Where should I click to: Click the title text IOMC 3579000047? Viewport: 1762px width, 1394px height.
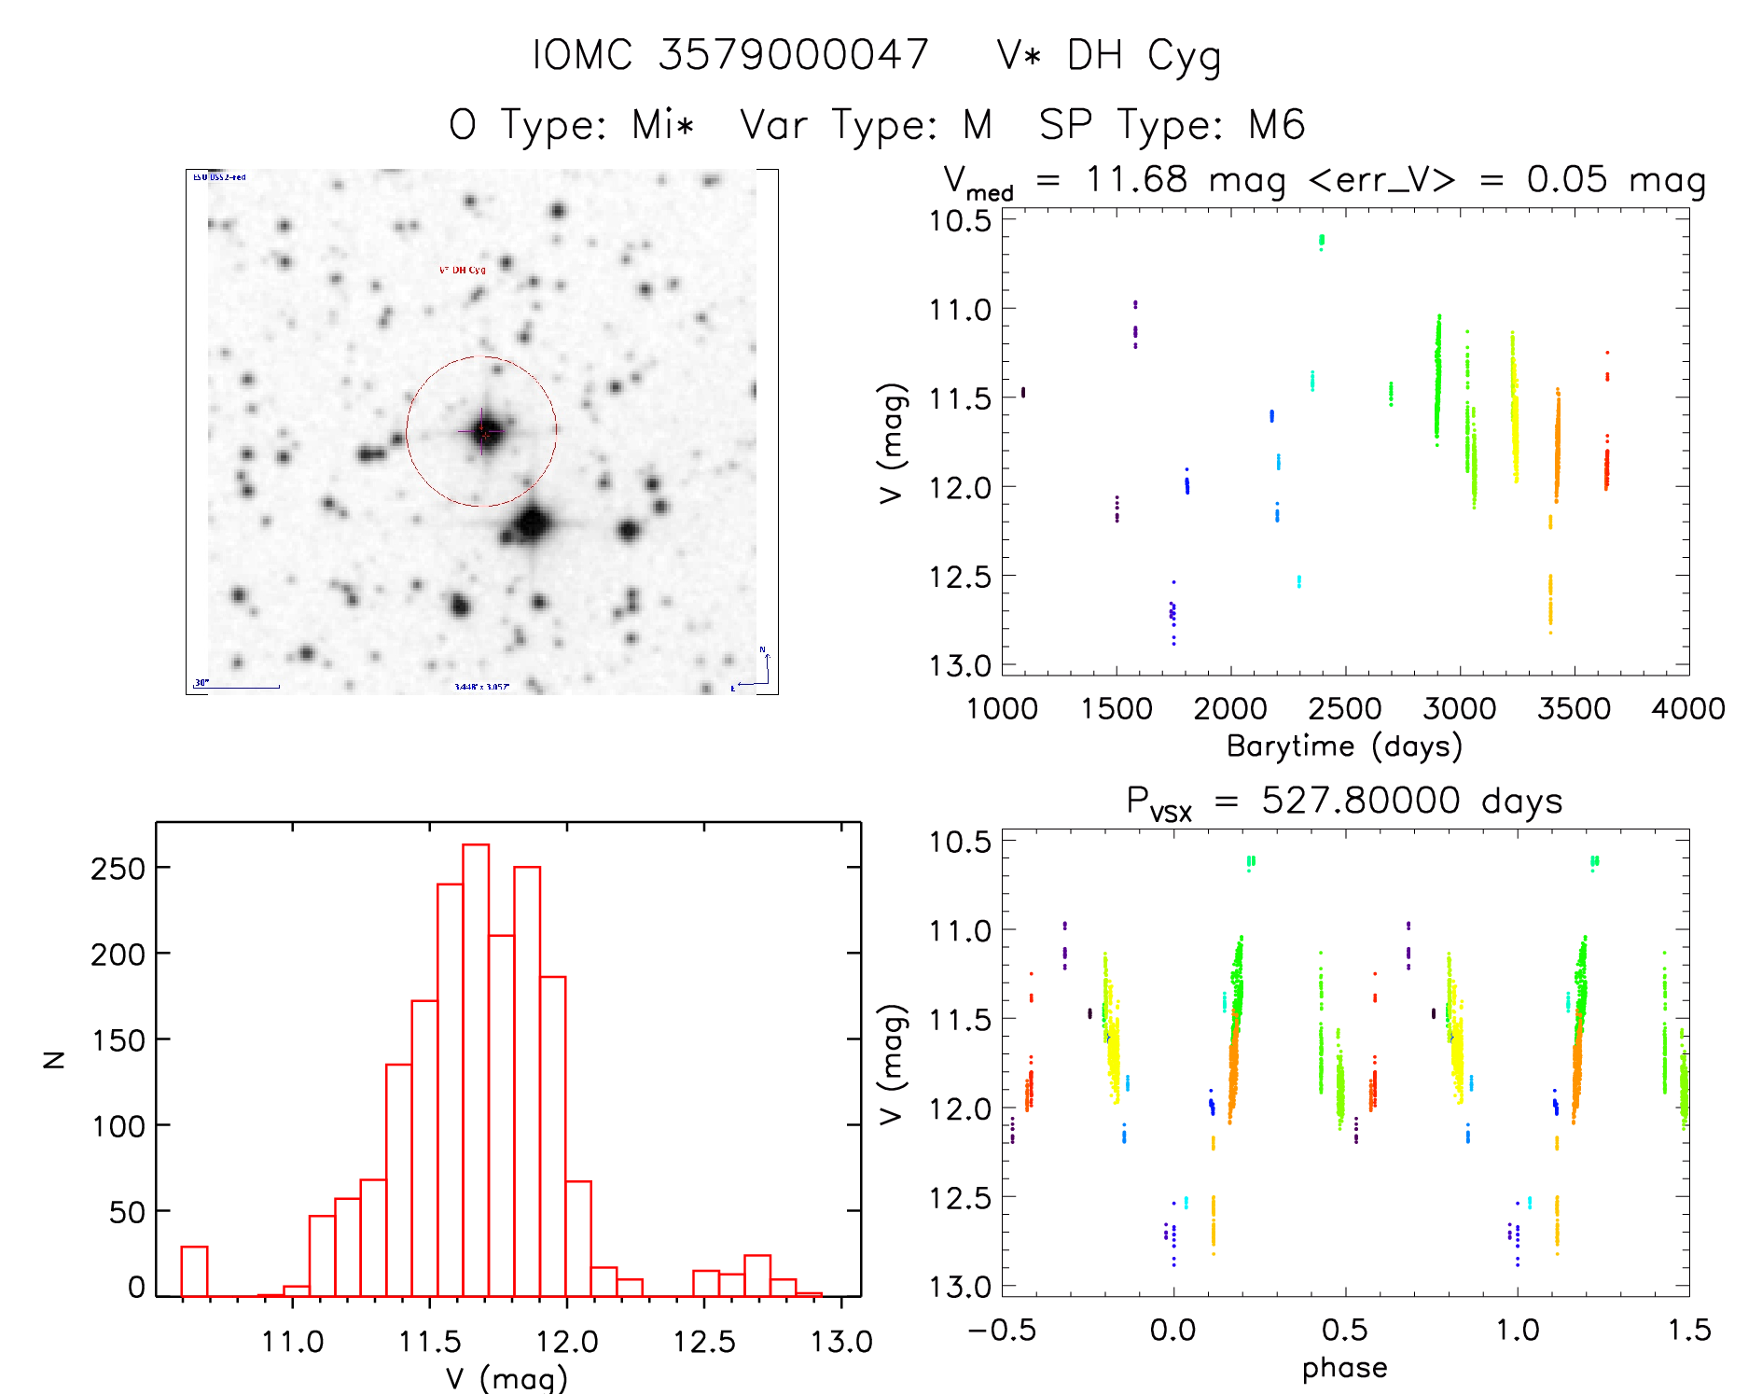[x=730, y=55]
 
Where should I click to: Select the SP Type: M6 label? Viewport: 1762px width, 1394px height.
[x=1172, y=125]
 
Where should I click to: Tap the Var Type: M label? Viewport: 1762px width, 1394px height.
[x=866, y=125]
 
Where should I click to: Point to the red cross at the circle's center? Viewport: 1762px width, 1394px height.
[x=482, y=431]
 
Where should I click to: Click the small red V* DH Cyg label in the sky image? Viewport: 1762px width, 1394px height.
[x=463, y=270]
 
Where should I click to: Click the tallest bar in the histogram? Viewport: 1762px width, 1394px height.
[x=476, y=1069]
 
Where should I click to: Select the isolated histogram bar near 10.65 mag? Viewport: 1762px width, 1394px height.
[x=194, y=1271]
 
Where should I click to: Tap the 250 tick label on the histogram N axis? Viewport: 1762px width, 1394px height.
[x=118, y=869]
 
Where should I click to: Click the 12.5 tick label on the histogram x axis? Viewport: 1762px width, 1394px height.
[x=704, y=1342]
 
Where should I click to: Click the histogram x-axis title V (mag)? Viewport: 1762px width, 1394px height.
[x=506, y=1377]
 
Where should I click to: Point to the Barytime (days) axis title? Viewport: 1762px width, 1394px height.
[x=1344, y=746]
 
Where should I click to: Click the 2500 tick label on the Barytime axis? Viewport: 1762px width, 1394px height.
[x=1345, y=709]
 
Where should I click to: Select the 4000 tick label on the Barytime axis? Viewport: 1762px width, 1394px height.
[x=1688, y=709]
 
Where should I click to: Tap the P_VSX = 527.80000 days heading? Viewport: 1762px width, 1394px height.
[x=1344, y=802]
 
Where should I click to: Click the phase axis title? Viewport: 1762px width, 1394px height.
[x=1344, y=1368]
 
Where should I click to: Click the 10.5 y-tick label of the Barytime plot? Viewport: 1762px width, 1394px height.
[x=960, y=221]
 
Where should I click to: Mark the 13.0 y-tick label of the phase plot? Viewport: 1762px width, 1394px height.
[x=960, y=1287]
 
